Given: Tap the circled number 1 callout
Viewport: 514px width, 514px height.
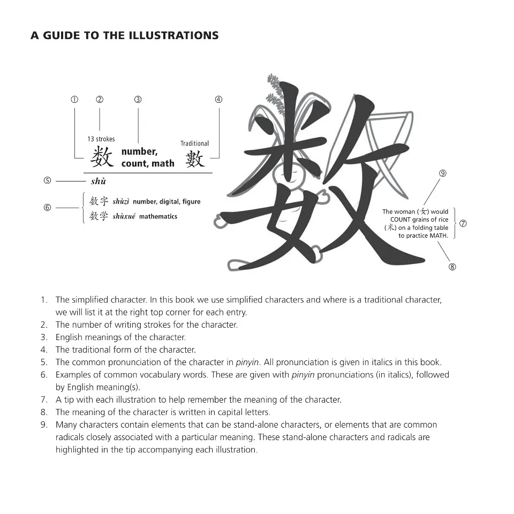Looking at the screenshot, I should tap(74, 100).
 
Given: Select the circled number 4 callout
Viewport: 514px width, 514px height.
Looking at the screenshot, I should tap(218, 100).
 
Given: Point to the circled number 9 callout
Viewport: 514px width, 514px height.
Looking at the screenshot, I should tap(442, 173).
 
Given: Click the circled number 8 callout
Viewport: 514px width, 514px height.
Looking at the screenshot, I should tap(452, 267).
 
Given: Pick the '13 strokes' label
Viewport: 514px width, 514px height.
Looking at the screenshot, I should tap(101, 139).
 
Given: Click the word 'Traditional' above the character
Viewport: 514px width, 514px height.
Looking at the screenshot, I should tap(194, 143).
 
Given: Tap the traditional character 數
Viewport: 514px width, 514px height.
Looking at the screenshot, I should tap(195, 158).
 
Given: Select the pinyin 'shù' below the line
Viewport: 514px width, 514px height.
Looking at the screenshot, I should tap(99, 182).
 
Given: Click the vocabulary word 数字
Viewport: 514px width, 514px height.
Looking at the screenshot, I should tap(99, 201).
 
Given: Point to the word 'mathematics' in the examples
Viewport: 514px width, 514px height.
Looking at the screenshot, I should tap(158, 217).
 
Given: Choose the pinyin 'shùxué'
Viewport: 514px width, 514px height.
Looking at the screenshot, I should tap(124, 217).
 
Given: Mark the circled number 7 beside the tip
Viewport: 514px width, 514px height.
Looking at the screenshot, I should tap(463, 224).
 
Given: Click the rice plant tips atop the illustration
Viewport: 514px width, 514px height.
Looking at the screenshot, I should tap(274, 91).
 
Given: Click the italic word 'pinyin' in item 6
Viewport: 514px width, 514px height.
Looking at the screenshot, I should tap(303, 375).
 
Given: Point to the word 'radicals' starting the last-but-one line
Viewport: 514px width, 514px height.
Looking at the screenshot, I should tap(71, 437).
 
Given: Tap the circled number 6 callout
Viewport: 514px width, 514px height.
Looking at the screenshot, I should tap(47, 208).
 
